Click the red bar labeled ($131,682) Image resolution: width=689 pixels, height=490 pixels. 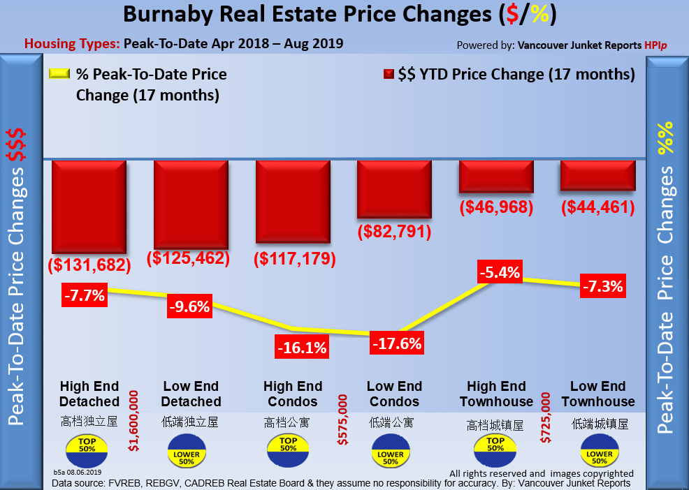89,207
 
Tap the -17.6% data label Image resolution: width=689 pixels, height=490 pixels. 396,343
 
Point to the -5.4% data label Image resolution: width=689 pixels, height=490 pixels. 499,272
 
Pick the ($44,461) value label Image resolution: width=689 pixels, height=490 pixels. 597,207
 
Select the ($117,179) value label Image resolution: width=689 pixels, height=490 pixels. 293,259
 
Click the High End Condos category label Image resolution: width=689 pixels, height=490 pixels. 293,394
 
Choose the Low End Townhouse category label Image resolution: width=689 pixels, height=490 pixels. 598,394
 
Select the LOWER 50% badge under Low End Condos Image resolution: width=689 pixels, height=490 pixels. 391,452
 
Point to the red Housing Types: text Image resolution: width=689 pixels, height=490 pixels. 72,44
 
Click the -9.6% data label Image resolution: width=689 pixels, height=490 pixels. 189,305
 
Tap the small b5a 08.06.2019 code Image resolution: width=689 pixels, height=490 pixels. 78,473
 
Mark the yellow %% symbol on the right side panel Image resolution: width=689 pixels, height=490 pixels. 666,137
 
